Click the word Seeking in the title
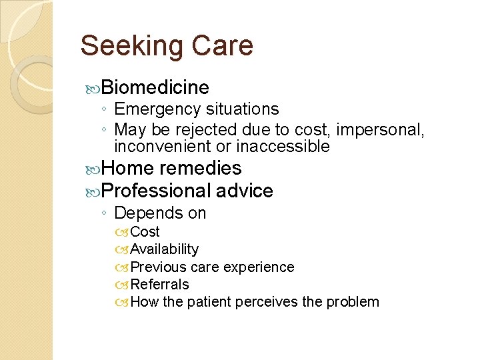131,46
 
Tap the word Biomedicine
156,87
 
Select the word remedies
201,168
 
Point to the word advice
245,191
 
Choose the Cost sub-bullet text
145,232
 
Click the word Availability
165,249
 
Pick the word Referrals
160,285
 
